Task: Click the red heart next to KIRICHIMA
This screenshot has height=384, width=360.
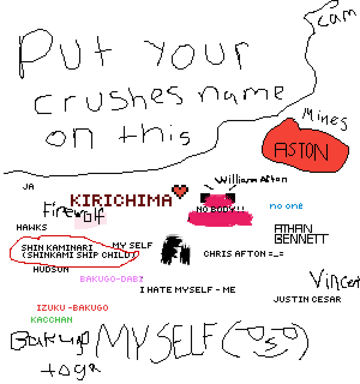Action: pyautogui.click(x=180, y=191)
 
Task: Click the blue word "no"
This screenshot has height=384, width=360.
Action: pyautogui.click(x=276, y=206)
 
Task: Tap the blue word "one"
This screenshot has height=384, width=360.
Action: pyautogui.click(x=294, y=206)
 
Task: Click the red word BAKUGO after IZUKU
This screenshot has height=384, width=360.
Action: pyautogui.click(x=90, y=308)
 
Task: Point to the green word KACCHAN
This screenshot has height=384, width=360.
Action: pyautogui.click(x=52, y=320)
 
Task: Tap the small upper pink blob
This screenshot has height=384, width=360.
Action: pyautogui.click(x=218, y=201)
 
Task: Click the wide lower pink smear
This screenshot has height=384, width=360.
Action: pyautogui.click(x=220, y=218)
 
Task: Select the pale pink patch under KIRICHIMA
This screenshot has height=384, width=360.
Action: pyautogui.click(x=90, y=221)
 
